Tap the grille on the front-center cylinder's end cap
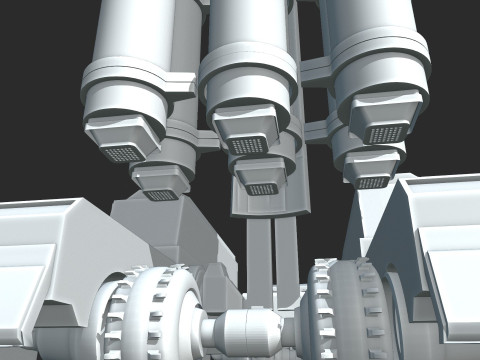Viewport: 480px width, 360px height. (249, 146)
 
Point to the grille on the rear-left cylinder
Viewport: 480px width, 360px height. (159, 194)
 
